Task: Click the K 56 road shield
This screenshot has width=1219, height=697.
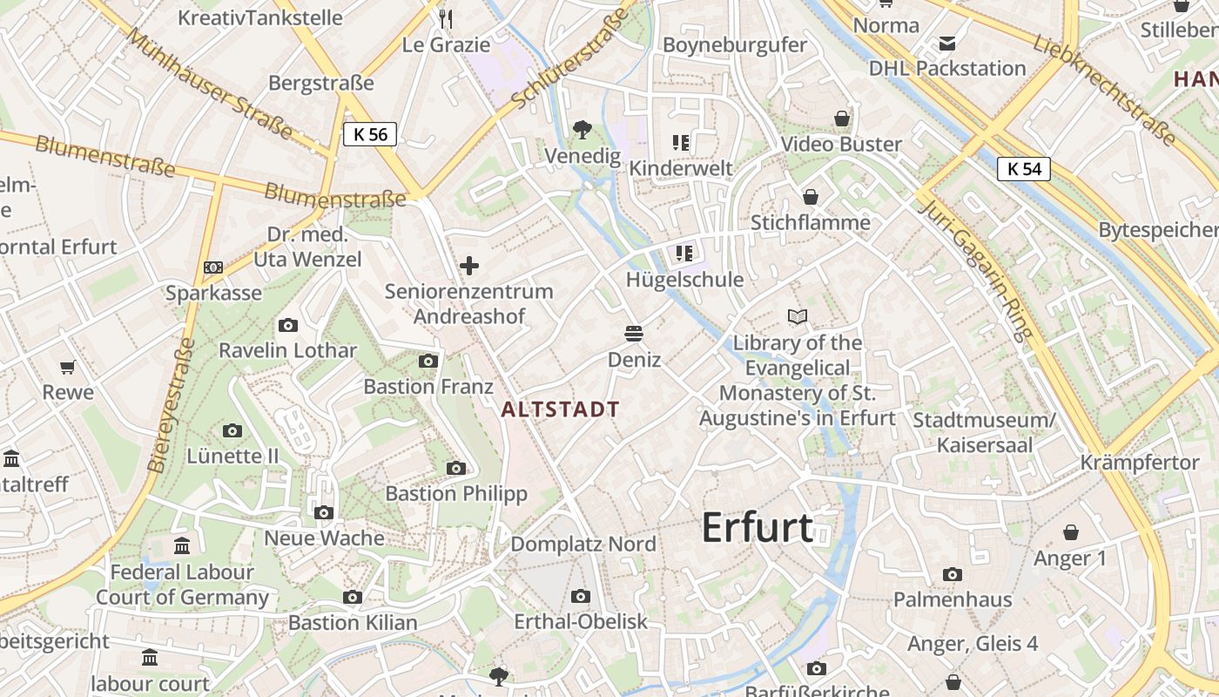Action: [x=370, y=134]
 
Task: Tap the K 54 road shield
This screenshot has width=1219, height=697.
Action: [x=1024, y=169]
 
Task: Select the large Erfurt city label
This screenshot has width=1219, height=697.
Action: [x=757, y=528]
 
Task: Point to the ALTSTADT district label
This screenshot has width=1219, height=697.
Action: [x=561, y=409]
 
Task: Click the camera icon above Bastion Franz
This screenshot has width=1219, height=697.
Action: [x=428, y=361]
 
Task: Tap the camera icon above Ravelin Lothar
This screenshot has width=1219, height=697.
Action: [x=287, y=326]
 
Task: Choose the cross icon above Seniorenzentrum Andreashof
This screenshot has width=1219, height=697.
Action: [x=469, y=265]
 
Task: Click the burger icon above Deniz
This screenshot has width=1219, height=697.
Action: [x=634, y=334]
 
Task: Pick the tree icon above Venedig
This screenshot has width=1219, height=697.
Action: [x=583, y=131]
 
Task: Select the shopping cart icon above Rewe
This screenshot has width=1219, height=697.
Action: [x=68, y=368]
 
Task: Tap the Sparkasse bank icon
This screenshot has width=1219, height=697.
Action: [x=213, y=267]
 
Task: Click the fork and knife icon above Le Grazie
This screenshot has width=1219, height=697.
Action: [x=446, y=18]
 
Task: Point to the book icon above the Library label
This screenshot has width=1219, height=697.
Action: [x=798, y=316]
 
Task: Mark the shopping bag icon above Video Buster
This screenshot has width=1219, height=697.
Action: [x=842, y=118]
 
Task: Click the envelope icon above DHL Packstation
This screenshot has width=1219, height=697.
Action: [x=947, y=43]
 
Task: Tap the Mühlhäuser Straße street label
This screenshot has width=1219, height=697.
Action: [x=208, y=83]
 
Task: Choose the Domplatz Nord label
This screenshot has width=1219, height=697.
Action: [x=583, y=545]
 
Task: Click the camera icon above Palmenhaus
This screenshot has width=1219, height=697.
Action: [x=953, y=574]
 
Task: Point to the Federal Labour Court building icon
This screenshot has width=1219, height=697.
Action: [x=182, y=546]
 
